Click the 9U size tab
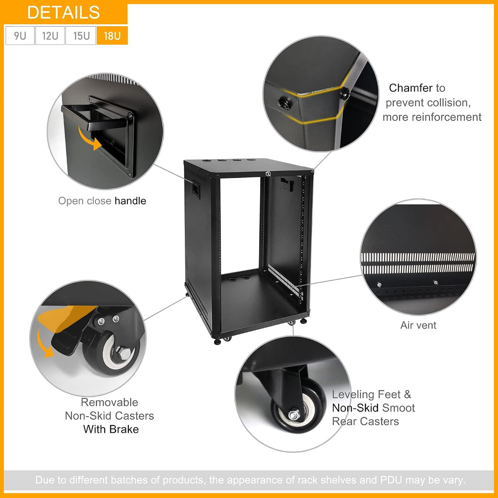pyautogui.click(x=20, y=36)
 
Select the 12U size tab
pyautogui.click(x=50, y=36)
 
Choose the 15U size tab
pyautogui.click(x=81, y=36)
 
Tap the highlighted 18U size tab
pyautogui.click(x=112, y=36)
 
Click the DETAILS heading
pyautogui.click(x=64, y=13)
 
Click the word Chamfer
pyautogui.click(x=410, y=88)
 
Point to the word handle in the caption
pyautogui.click(x=130, y=201)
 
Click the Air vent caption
pyautogui.click(x=418, y=325)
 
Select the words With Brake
pyautogui.click(x=111, y=429)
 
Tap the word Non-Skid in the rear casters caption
pyautogui.click(x=355, y=408)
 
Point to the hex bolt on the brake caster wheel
pyautogui.click(x=125, y=354)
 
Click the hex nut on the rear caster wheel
pyautogui.click(x=294, y=415)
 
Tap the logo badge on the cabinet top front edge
pyautogui.click(x=268, y=174)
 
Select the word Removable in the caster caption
pyautogui.click(x=109, y=402)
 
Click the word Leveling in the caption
pyautogui.click(x=353, y=394)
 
